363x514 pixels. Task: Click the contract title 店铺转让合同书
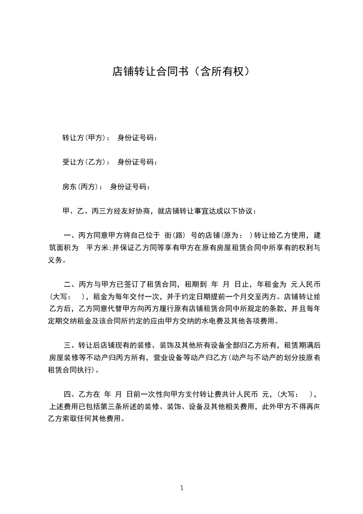(151, 71)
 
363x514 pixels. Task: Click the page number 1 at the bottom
(182, 488)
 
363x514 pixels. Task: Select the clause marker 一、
(70, 236)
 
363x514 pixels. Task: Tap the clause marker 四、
(70, 394)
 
